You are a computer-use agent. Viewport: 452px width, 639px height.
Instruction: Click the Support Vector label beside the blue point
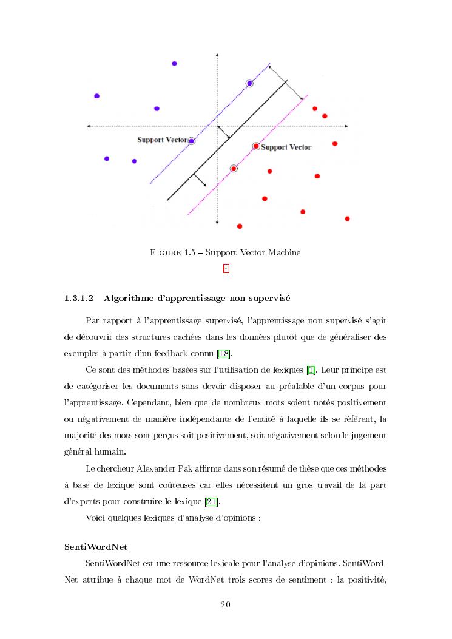(162, 140)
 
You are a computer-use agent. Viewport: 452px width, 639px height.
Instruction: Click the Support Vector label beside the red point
(286, 147)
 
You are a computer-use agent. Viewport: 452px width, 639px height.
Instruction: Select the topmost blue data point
(174, 63)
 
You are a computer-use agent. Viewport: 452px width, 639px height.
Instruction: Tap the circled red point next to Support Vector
(256, 146)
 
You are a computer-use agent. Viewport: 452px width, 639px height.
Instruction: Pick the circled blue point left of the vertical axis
(192, 141)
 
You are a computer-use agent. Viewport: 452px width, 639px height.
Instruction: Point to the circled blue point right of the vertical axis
(249, 83)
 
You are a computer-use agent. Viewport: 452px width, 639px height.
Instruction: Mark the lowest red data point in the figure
(240, 226)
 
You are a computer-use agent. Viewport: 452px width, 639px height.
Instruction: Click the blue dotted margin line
(182, 152)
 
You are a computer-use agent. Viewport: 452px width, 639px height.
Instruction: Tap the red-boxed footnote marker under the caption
(226, 268)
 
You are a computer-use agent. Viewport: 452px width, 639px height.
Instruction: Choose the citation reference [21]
(214, 502)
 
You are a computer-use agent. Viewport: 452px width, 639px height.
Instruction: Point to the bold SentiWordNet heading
(95, 547)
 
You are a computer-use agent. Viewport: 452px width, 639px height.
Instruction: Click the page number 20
(226, 604)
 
